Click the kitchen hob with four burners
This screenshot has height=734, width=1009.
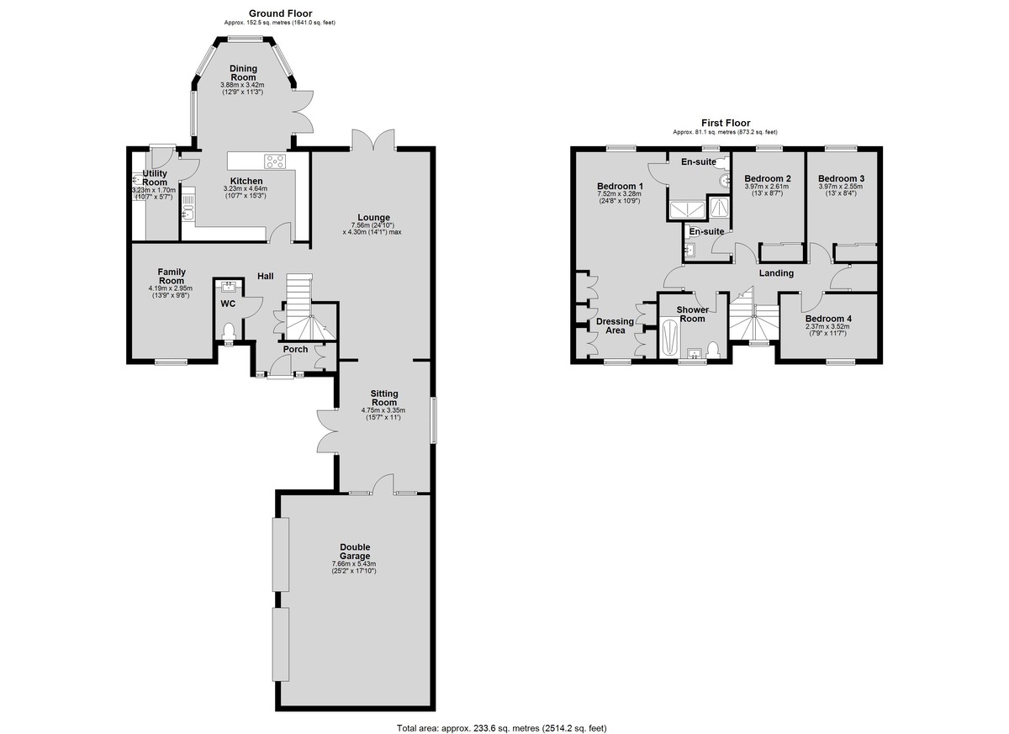pos(274,161)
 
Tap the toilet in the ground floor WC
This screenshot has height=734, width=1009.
pos(229,331)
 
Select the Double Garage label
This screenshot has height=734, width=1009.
pos(355,552)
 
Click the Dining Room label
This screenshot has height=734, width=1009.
pos(243,73)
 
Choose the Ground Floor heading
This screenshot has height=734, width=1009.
pos(280,13)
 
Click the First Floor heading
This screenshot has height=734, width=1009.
pos(726,123)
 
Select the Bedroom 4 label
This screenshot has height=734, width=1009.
pos(828,319)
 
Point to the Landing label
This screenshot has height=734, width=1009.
pos(776,273)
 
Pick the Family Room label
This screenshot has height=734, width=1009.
pos(172,276)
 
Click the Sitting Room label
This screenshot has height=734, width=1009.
pos(384,398)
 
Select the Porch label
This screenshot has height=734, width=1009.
pos(295,350)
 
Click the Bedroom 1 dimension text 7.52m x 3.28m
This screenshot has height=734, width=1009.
pos(620,193)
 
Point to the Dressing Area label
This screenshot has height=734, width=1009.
pos(615,326)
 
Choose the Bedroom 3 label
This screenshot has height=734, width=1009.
pos(841,178)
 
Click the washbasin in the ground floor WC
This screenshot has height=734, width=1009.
pos(228,286)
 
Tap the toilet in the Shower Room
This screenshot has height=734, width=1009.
pos(713,350)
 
